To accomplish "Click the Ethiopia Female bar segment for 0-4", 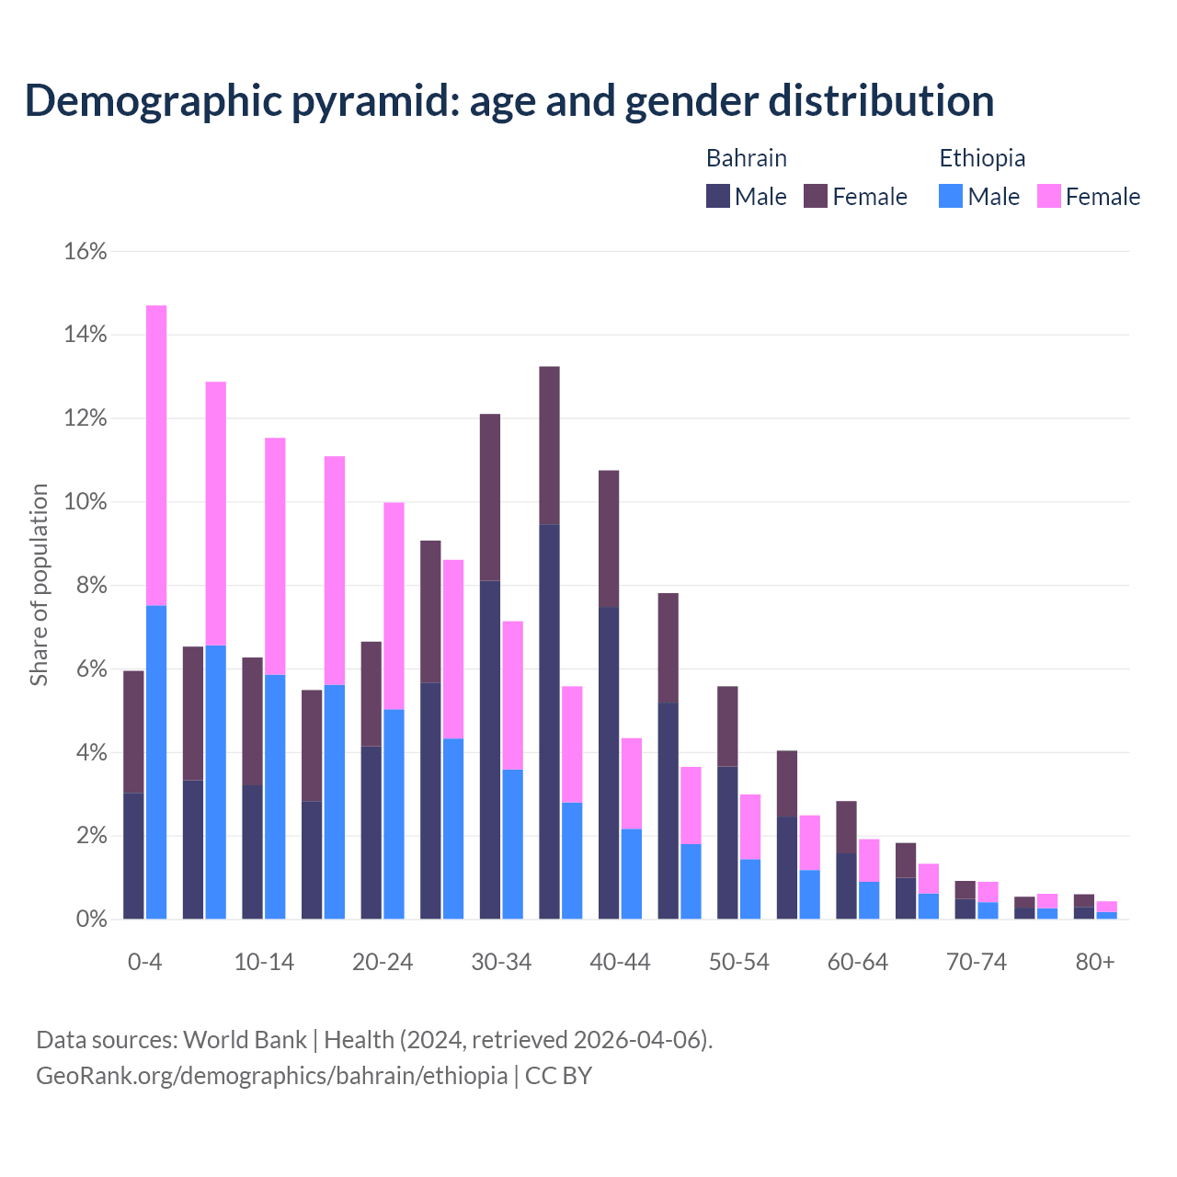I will (x=156, y=455).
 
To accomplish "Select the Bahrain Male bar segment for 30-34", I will (x=490, y=749).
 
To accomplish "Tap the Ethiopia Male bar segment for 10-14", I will (x=275, y=796).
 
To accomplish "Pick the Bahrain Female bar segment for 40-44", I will (x=609, y=539).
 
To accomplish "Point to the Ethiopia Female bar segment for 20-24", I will (x=394, y=606).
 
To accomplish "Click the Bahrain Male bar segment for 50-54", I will (x=727, y=842).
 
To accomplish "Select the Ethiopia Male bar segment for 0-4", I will (x=156, y=762).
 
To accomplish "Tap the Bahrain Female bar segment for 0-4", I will (x=133, y=731).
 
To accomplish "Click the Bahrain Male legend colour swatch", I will (x=718, y=196).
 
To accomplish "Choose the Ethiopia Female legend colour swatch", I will (x=1049, y=196).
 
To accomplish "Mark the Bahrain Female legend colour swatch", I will (x=816, y=196).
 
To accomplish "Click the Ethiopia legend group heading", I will (x=982, y=158).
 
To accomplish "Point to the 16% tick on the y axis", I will (x=86, y=251).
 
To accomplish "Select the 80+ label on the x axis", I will (x=1095, y=962).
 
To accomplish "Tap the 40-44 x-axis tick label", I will (x=620, y=962).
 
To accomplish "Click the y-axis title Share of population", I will (x=39, y=585).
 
